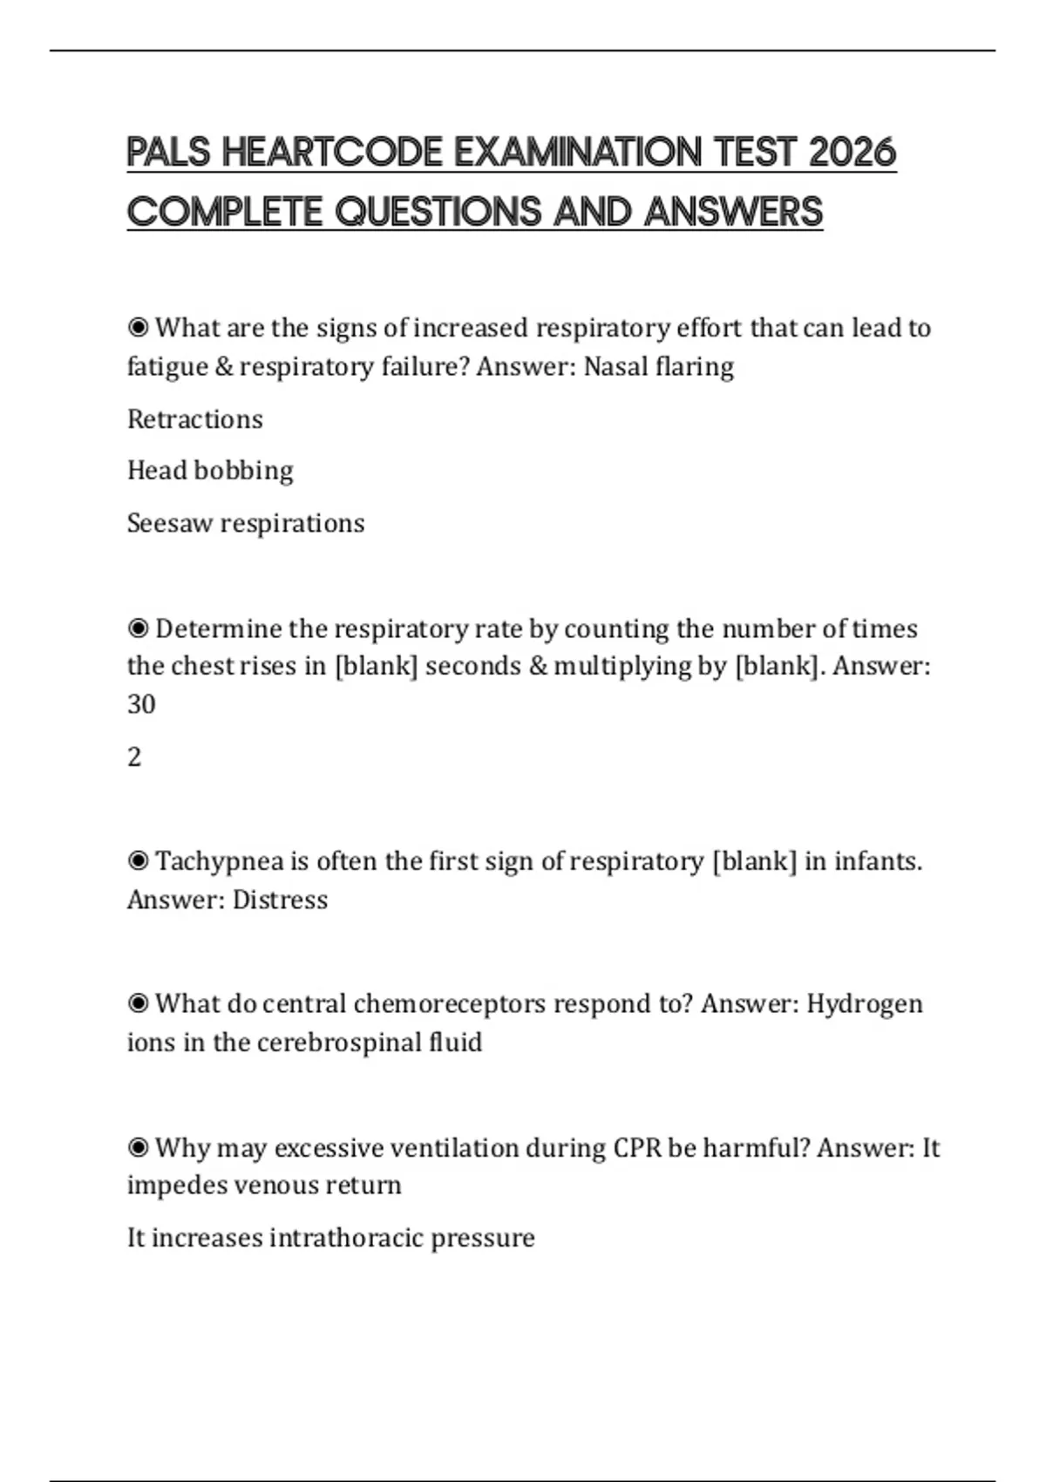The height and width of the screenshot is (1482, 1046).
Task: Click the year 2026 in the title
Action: [x=852, y=153]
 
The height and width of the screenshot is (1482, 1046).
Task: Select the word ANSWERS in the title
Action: [x=733, y=212]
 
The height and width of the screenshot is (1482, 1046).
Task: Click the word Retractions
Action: [x=194, y=419]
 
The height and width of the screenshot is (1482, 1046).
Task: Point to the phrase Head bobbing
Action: [x=210, y=471]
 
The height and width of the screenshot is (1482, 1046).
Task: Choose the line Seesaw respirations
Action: [x=246, y=523]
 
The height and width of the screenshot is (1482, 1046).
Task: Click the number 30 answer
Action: [x=141, y=704]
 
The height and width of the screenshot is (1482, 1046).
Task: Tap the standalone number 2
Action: [x=134, y=757]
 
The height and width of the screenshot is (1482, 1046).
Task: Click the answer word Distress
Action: [x=280, y=900]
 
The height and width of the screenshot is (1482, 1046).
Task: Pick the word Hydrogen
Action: [x=864, y=1004]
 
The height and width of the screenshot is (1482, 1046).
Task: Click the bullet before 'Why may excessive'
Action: [x=138, y=1148]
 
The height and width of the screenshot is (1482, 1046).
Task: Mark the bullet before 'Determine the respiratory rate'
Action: [x=138, y=629]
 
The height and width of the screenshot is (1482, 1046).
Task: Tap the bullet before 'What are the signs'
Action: [x=138, y=328]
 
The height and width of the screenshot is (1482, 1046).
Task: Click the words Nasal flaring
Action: [x=658, y=367]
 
